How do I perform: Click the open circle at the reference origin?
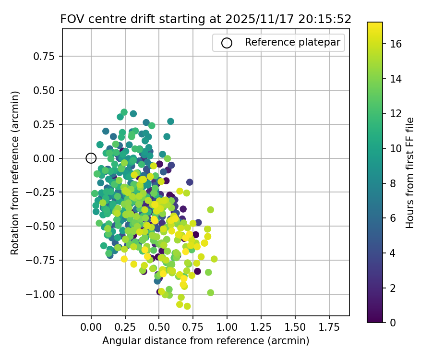(91, 158)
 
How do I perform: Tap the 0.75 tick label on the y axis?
(47, 56)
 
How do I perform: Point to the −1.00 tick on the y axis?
(45, 294)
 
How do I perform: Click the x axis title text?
(205, 341)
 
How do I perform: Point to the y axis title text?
(15, 173)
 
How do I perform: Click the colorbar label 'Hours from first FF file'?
(410, 173)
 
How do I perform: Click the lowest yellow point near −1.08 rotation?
(187, 306)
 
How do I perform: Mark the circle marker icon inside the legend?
(227, 43)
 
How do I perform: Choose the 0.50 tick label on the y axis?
(47, 90)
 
